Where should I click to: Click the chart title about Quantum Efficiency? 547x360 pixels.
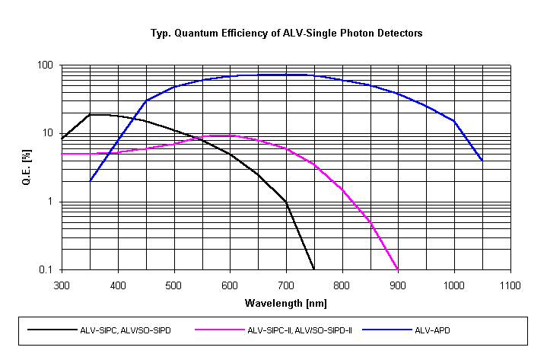click(x=286, y=33)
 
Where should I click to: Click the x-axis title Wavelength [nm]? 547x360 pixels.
click(x=285, y=303)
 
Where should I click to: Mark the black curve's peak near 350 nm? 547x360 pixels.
click(x=91, y=115)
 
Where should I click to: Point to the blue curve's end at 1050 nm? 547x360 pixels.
click(x=482, y=161)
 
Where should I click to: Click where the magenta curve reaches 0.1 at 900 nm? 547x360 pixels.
click(x=398, y=269)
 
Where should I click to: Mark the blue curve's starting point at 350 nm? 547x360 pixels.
click(x=91, y=181)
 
